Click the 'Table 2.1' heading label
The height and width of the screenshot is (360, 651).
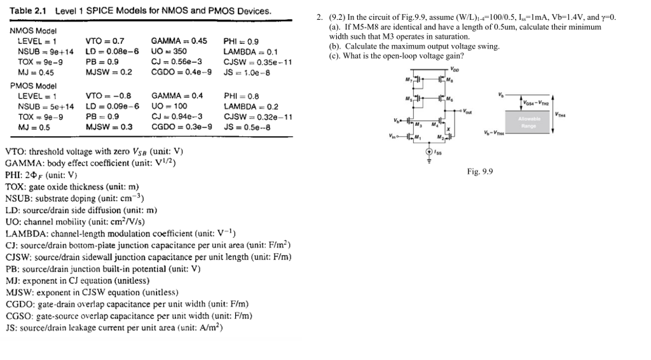29,11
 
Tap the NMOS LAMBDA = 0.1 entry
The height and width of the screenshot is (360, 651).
250,52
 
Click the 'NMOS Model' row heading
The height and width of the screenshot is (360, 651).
34,31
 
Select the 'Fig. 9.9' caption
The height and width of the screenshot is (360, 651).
480,171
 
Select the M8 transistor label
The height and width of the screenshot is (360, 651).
450,80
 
